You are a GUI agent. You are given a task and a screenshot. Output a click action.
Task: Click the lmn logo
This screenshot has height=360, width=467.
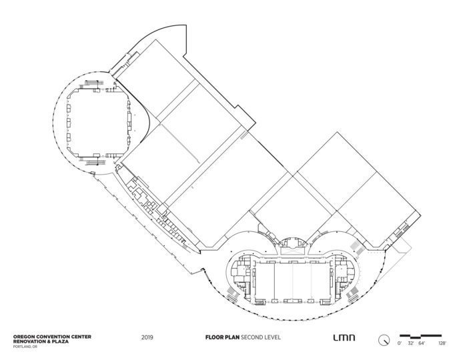pos(344,338)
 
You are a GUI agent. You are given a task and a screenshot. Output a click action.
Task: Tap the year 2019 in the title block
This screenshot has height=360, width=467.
pos(147,337)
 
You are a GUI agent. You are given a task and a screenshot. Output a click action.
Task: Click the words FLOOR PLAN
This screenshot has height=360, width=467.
pos(222,337)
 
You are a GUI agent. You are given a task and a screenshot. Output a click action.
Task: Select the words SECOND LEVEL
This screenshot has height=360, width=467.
pos(260,337)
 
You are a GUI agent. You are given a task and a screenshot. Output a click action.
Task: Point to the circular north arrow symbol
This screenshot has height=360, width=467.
pos(384,340)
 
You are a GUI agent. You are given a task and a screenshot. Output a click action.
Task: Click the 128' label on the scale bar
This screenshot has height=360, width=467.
pos(442,343)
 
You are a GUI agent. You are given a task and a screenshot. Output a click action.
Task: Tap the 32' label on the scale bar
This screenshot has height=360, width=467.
pos(411,343)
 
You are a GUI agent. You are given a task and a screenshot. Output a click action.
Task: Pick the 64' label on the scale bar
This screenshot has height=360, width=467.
pos(422,343)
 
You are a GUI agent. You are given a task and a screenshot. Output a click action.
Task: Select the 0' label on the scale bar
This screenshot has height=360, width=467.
pos(400,343)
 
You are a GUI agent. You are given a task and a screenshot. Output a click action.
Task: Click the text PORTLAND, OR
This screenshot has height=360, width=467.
pos(25,347)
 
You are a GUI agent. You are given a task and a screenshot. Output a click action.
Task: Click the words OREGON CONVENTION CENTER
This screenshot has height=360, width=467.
pos(52,337)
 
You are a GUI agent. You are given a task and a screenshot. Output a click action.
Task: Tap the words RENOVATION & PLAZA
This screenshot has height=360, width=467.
pos(41,341)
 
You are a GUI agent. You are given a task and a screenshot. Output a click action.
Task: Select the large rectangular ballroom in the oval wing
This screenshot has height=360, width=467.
pos(293,282)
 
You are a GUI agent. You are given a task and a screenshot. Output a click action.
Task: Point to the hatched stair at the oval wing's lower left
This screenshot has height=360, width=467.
pos(233,294)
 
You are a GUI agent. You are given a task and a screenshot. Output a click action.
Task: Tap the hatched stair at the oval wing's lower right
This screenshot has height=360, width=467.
pos(353,294)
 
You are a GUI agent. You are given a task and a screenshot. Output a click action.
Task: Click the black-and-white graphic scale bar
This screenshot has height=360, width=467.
pos(420,336)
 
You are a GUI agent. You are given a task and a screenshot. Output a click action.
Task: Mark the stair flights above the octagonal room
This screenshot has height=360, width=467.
pos(95,83)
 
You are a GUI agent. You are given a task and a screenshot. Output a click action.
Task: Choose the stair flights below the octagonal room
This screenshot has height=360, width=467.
pos(96,163)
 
